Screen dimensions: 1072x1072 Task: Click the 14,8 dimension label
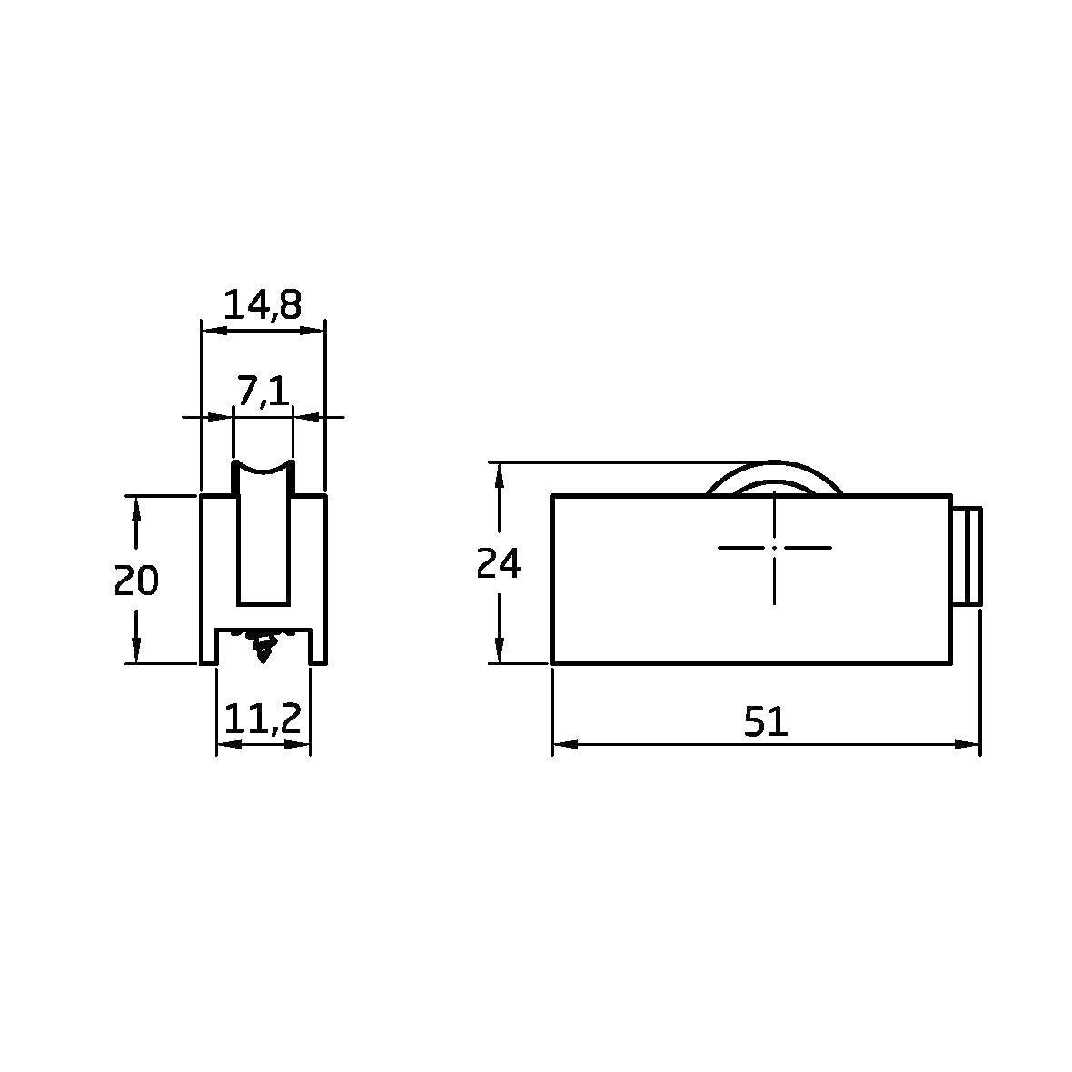point(262,305)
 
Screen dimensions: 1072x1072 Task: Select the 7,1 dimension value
point(263,391)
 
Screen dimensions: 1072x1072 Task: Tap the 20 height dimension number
point(136,580)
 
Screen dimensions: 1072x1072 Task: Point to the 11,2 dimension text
point(263,720)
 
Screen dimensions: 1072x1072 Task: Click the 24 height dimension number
point(499,564)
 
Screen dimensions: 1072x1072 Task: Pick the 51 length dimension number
point(765,722)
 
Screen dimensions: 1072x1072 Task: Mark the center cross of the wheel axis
point(774,547)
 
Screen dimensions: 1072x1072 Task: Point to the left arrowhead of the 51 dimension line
point(563,745)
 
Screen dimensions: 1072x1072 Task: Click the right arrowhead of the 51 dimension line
point(968,745)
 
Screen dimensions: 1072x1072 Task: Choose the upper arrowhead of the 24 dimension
point(498,474)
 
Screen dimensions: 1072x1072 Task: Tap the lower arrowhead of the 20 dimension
point(136,650)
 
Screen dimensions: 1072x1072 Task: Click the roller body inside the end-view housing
point(263,545)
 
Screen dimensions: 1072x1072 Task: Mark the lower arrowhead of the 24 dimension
point(498,650)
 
